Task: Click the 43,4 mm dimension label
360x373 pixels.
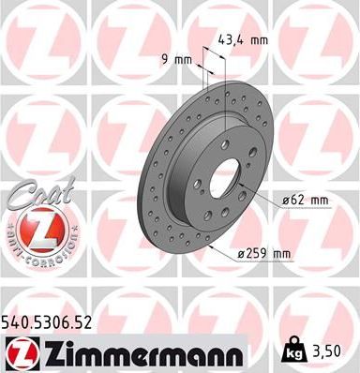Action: coord(243,41)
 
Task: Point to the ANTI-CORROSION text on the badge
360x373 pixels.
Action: coord(34,256)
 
